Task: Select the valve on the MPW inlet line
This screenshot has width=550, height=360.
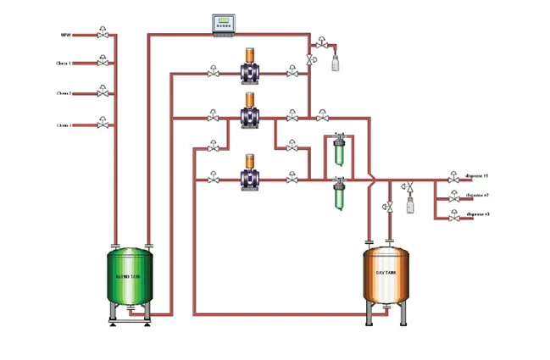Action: click(x=103, y=34)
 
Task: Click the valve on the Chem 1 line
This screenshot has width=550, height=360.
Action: click(x=103, y=62)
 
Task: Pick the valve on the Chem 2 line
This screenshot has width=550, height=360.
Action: click(x=103, y=92)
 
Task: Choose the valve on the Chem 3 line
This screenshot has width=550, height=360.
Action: click(x=103, y=124)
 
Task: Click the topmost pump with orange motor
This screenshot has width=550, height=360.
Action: click(x=250, y=68)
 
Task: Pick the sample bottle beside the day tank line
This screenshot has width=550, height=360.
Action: click(x=410, y=204)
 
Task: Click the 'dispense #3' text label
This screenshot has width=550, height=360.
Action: click(x=478, y=214)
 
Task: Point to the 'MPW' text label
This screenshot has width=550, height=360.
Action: click(x=64, y=35)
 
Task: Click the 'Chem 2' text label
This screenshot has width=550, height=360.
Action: click(x=64, y=93)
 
